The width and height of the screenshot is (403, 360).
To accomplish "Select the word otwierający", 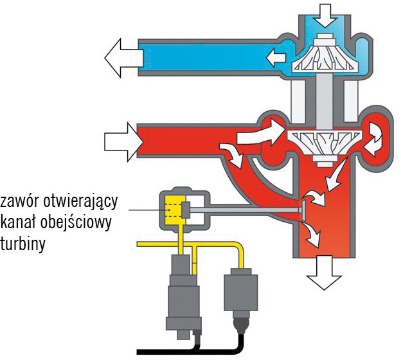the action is coord(81,203).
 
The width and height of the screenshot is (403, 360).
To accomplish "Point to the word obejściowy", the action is coord(76,222).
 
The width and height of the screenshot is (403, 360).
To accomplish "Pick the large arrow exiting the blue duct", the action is coord(123,58).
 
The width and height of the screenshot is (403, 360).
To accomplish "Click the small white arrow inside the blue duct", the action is coord(276,58).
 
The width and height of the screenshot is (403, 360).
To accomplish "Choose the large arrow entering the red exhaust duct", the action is coord(123,142).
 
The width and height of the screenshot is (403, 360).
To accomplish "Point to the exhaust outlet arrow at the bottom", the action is coord(325,273).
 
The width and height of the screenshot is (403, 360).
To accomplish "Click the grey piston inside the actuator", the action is coord(186,210).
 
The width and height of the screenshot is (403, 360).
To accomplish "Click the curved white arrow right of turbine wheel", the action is coord(373,139).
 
